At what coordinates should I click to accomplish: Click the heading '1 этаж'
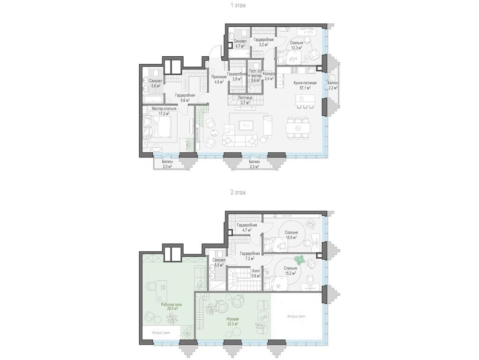coord(239,5)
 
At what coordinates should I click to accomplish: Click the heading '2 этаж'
coord(239,192)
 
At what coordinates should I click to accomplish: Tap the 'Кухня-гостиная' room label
coord(305,83)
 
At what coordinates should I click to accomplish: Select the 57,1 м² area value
coord(305,88)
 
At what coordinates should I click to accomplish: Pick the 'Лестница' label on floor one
coord(247,97)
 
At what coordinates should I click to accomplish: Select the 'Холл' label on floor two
coord(256,270)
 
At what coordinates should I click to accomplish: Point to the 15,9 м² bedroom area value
coord(291,237)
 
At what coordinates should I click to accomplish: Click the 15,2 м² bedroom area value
coord(291,273)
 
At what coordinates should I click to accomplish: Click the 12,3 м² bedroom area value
coord(296,47)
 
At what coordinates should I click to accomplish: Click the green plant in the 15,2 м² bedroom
coord(299,259)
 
